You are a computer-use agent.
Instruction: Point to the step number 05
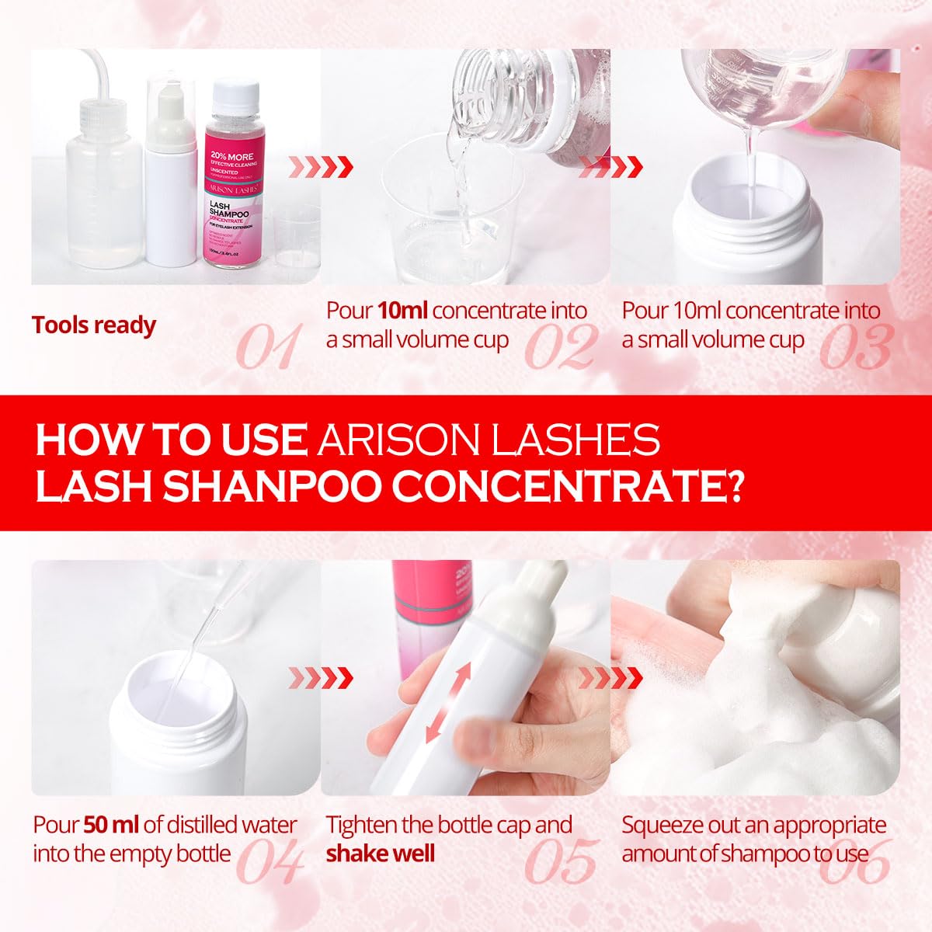(x=560, y=862)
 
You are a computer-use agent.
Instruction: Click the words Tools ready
(x=94, y=325)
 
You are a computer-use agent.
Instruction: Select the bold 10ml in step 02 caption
(x=403, y=311)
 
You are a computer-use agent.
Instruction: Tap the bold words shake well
(x=380, y=854)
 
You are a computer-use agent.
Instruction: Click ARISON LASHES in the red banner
(x=489, y=440)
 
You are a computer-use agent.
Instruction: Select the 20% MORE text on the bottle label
(x=231, y=156)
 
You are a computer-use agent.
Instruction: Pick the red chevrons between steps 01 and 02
(x=321, y=166)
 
